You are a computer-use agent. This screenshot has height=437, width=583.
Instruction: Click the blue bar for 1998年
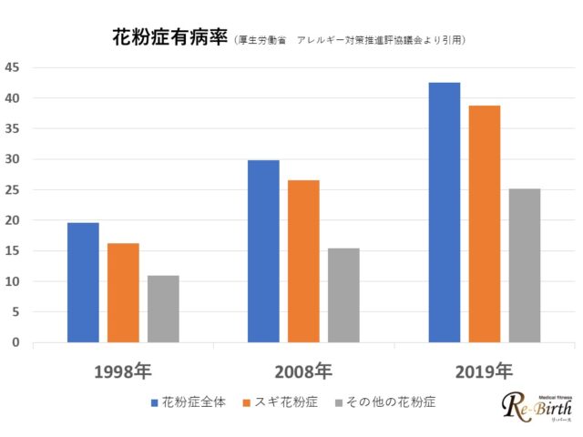pos(83,282)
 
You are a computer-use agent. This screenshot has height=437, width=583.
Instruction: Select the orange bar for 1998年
pos(123,292)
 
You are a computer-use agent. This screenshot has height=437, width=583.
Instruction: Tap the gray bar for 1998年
pos(163,309)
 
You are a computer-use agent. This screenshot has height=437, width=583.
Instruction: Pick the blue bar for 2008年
pos(264,251)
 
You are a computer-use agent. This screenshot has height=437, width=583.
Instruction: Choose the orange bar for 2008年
pos(303,261)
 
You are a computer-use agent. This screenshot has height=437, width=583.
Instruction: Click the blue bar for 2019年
pos(445,212)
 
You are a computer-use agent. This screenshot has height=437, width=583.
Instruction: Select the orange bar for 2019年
pos(485,224)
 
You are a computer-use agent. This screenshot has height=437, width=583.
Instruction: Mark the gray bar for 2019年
pos(525,265)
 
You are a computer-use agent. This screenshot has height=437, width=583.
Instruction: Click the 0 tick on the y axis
pos(15,342)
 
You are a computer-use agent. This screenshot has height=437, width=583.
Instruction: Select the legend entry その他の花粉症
pos(384,401)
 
